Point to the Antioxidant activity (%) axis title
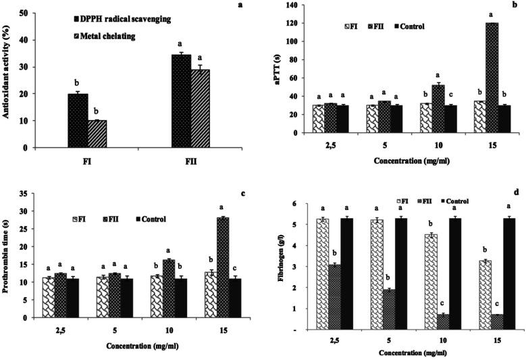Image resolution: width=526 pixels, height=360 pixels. tap(7, 80)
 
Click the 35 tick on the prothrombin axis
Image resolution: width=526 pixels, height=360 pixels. tap(27, 194)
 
